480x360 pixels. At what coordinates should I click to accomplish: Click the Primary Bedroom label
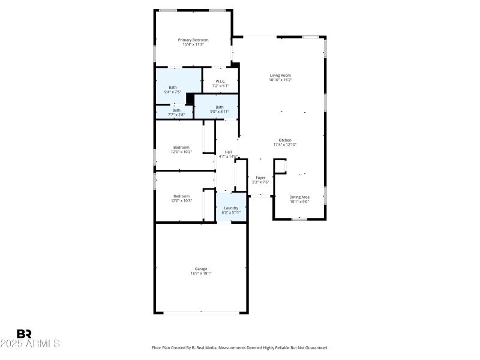coord(193,40)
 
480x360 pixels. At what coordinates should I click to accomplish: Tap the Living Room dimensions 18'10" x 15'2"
coord(280,80)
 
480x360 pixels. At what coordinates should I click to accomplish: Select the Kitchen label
coord(286,140)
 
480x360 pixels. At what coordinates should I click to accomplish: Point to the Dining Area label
coord(299,197)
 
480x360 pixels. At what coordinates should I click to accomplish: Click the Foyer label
coord(260,178)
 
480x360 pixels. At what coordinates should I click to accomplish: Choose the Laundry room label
coord(230,208)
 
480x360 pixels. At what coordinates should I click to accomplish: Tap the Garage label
coord(201,269)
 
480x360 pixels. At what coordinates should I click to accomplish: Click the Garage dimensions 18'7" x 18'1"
coord(201,274)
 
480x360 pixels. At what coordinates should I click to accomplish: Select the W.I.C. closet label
coord(220,82)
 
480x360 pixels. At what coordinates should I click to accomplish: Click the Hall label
coord(228,152)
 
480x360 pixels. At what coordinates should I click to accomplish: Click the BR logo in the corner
coord(24,334)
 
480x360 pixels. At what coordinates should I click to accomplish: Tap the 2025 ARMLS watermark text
coord(30,344)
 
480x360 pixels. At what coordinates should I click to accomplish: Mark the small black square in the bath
coord(190,99)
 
